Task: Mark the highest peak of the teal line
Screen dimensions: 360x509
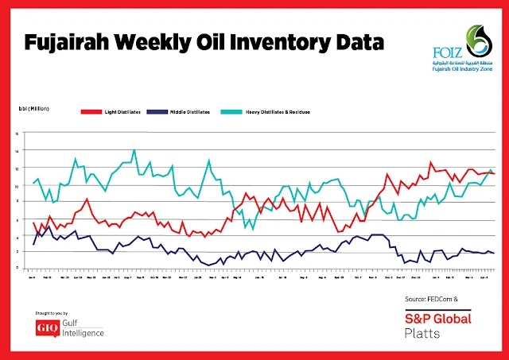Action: pos(134,150)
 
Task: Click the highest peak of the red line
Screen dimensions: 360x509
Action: pos(431,162)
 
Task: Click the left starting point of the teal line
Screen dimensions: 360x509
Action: pos(33,184)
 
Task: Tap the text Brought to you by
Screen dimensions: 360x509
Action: pos(55,314)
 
